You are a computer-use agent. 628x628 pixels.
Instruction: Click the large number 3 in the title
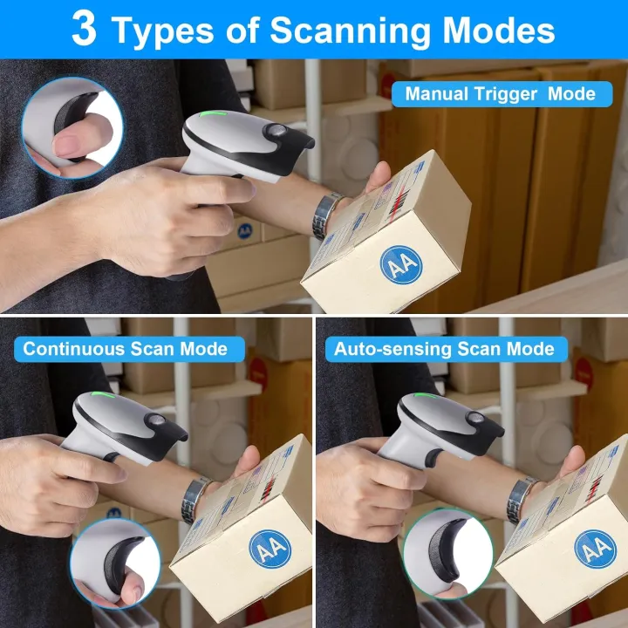coord(84,29)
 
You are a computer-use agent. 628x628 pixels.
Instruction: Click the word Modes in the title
coord(501,30)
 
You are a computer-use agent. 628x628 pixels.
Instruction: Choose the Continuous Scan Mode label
coord(125,349)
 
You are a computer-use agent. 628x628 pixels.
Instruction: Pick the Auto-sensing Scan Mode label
coord(444,349)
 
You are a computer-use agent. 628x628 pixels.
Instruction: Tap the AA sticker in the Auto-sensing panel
coord(595,549)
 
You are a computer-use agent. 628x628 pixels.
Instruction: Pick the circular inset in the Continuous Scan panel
coord(114,561)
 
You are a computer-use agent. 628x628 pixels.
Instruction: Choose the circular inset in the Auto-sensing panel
coord(447,555)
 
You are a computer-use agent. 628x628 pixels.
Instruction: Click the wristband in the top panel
coord(326,214)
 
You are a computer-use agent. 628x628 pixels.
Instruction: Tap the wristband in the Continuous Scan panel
coord(195,499)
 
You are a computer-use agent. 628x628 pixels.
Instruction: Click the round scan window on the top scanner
coord(277,133)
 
